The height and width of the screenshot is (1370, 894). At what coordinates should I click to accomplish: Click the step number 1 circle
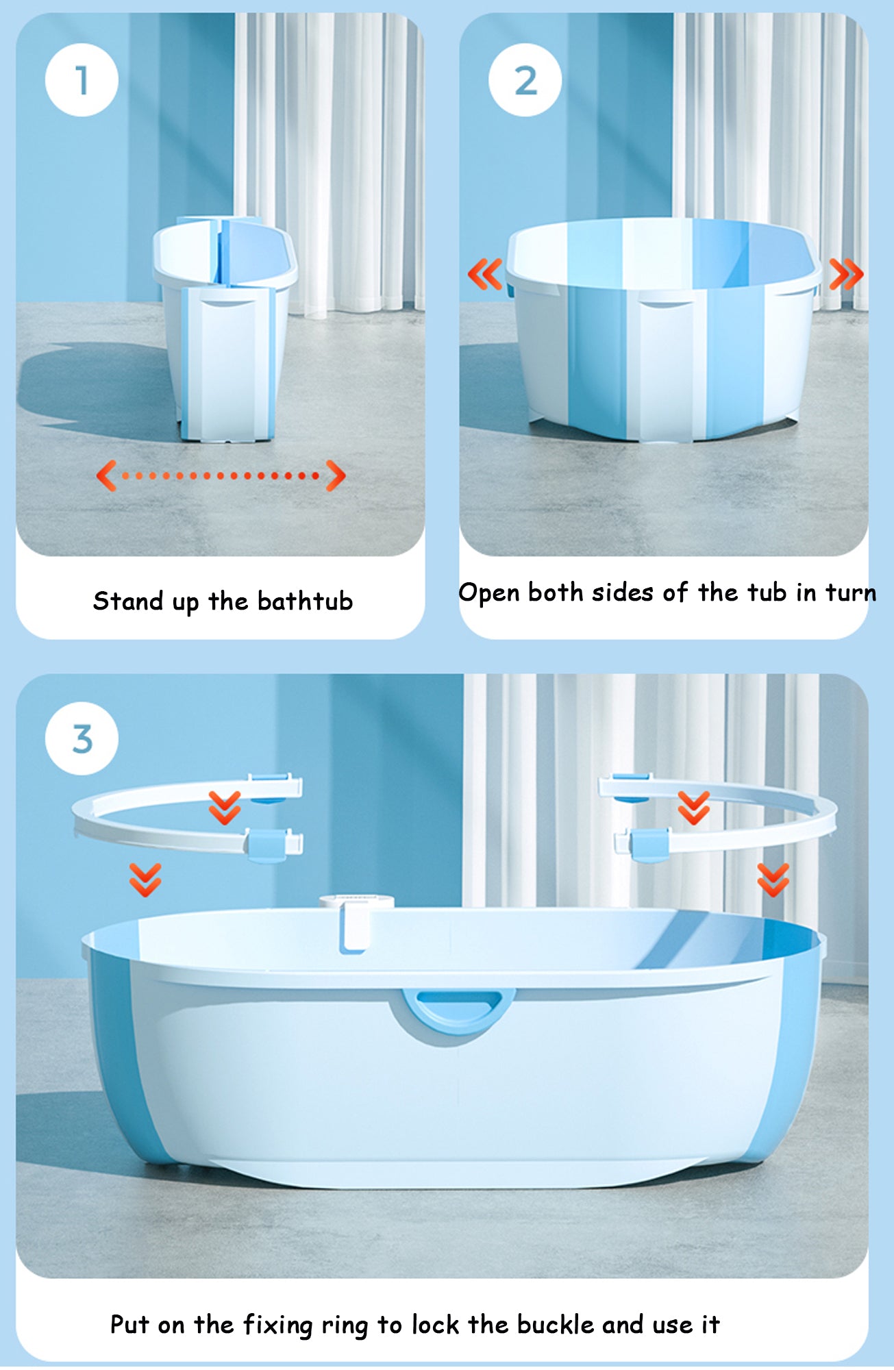click(82, 80)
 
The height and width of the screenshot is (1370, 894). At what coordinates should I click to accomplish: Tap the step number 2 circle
click(525, 80)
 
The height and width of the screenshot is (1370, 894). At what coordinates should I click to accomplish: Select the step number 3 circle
click(82, 739)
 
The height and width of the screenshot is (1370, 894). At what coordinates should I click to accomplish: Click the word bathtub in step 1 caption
click(305, 601)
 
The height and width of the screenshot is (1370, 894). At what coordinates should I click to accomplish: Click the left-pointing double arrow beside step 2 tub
click(485, 274)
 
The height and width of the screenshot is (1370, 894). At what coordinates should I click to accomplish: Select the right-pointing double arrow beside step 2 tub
click(847, 274)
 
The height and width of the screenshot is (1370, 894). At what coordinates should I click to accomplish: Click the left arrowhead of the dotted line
click(106, 475)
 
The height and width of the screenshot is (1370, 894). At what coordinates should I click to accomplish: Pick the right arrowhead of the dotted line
click(336, 475)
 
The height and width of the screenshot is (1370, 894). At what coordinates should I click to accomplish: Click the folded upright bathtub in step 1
click(225, 328)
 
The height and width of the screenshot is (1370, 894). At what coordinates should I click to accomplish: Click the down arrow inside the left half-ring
click(224, 808)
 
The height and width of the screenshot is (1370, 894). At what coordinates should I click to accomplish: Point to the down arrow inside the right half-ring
click(694, 808)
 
